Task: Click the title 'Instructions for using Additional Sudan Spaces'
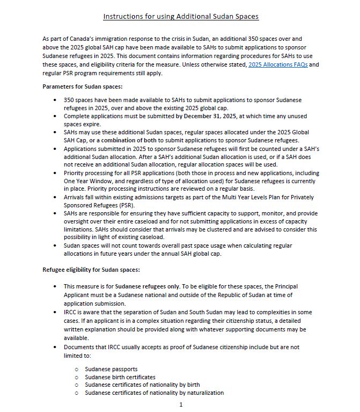pos(181,17)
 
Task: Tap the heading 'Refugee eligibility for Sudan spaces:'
pos(91,270)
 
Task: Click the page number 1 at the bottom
pos(181,404)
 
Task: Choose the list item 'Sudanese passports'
pos(111,369)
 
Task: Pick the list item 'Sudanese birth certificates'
pos(120,377)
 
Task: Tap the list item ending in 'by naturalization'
pos(155,393)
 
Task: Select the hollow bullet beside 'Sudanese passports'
pos(77,370)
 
